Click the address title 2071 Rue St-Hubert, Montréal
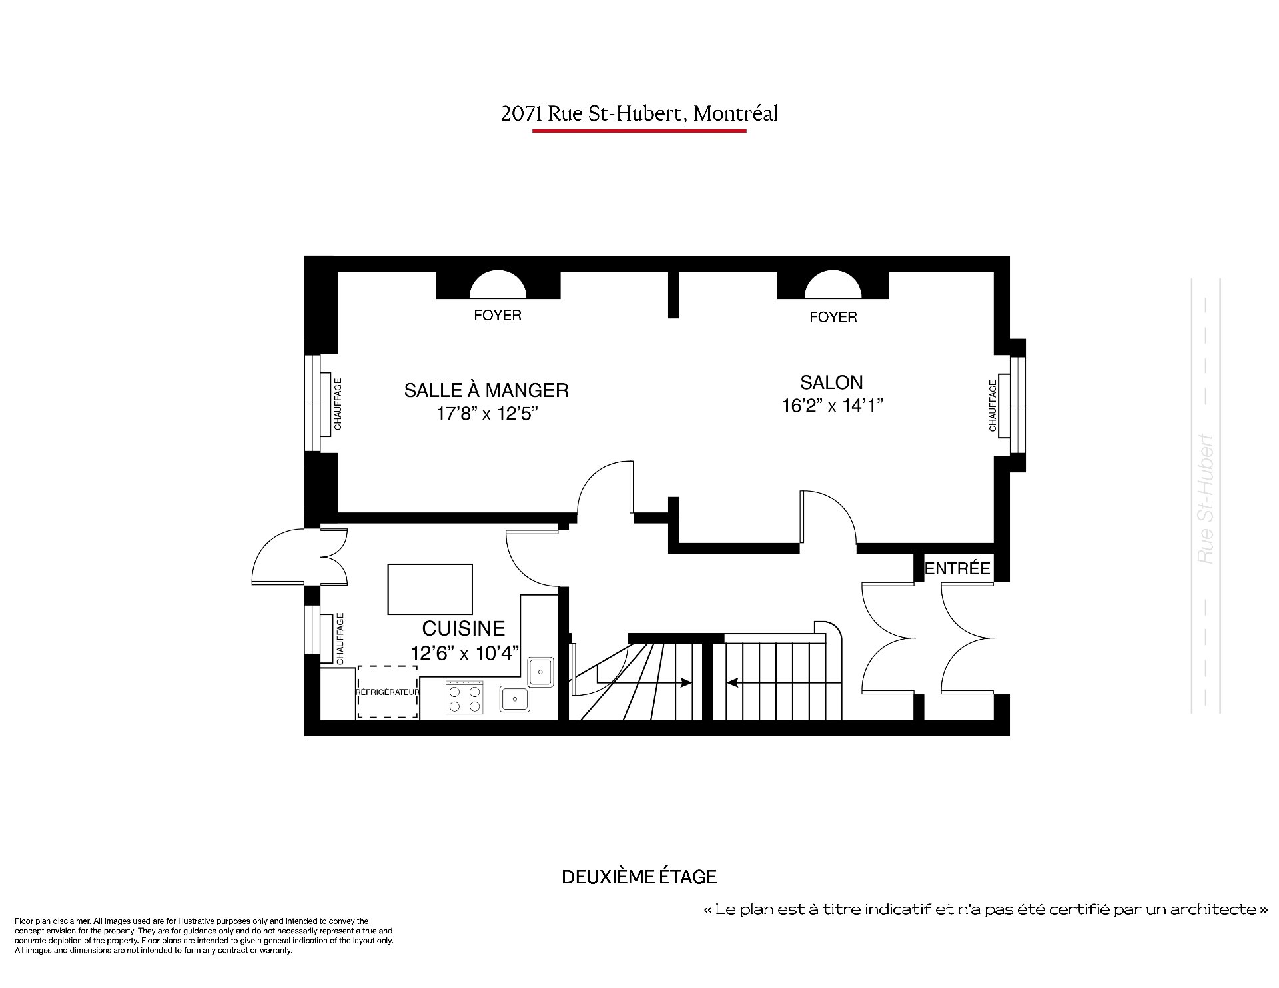(639, 114)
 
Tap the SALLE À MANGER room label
(486, 389)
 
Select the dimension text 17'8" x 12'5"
(487, 414)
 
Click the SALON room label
(831, 382)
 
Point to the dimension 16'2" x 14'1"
(832, 406)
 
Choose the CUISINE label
(464, 628)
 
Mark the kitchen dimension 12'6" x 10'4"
(464, 654)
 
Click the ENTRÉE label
(957, 568)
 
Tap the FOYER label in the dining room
(498, 315)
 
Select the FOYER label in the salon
(833, 317)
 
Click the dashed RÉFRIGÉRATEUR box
(388, 692)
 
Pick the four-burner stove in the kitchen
(465, 698)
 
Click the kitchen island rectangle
(430, 589)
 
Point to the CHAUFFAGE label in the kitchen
(340, 639)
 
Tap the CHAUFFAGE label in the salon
(993, 405)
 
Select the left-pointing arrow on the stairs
(773, 682)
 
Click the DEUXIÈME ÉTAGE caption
(639, 877)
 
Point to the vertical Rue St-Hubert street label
(1206, 500)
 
